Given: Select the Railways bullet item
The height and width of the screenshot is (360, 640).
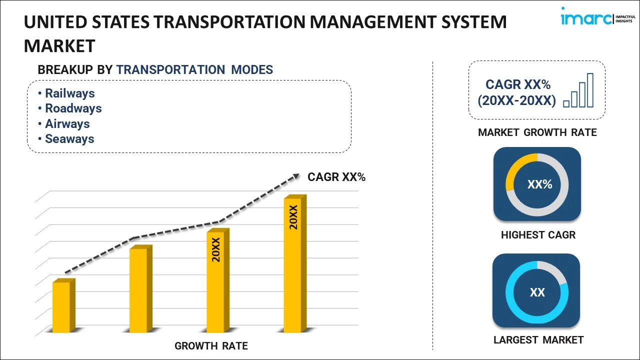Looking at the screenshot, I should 69,93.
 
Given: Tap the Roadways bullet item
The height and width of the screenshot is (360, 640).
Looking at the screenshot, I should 73,108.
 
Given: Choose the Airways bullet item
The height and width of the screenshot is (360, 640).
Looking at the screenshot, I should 67,124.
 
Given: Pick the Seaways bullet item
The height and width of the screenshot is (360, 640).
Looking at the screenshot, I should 69,139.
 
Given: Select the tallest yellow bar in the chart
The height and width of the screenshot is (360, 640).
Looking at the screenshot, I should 292,265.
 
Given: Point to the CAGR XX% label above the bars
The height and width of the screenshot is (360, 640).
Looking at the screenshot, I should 336,177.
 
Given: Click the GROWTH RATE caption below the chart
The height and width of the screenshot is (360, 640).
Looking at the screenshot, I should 211,346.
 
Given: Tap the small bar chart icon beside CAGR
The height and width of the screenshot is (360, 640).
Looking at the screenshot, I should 578,90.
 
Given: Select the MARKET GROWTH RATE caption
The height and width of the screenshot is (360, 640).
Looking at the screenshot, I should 537,132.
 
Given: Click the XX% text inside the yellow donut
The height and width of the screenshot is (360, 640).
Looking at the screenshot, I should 539,184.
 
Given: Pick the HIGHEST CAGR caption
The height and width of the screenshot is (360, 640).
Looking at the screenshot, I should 538,235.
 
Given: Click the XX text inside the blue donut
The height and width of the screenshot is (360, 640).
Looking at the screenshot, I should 537,292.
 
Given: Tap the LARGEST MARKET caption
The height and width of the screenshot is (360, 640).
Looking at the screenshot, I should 538,340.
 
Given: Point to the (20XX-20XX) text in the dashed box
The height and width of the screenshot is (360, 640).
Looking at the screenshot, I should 516,101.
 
